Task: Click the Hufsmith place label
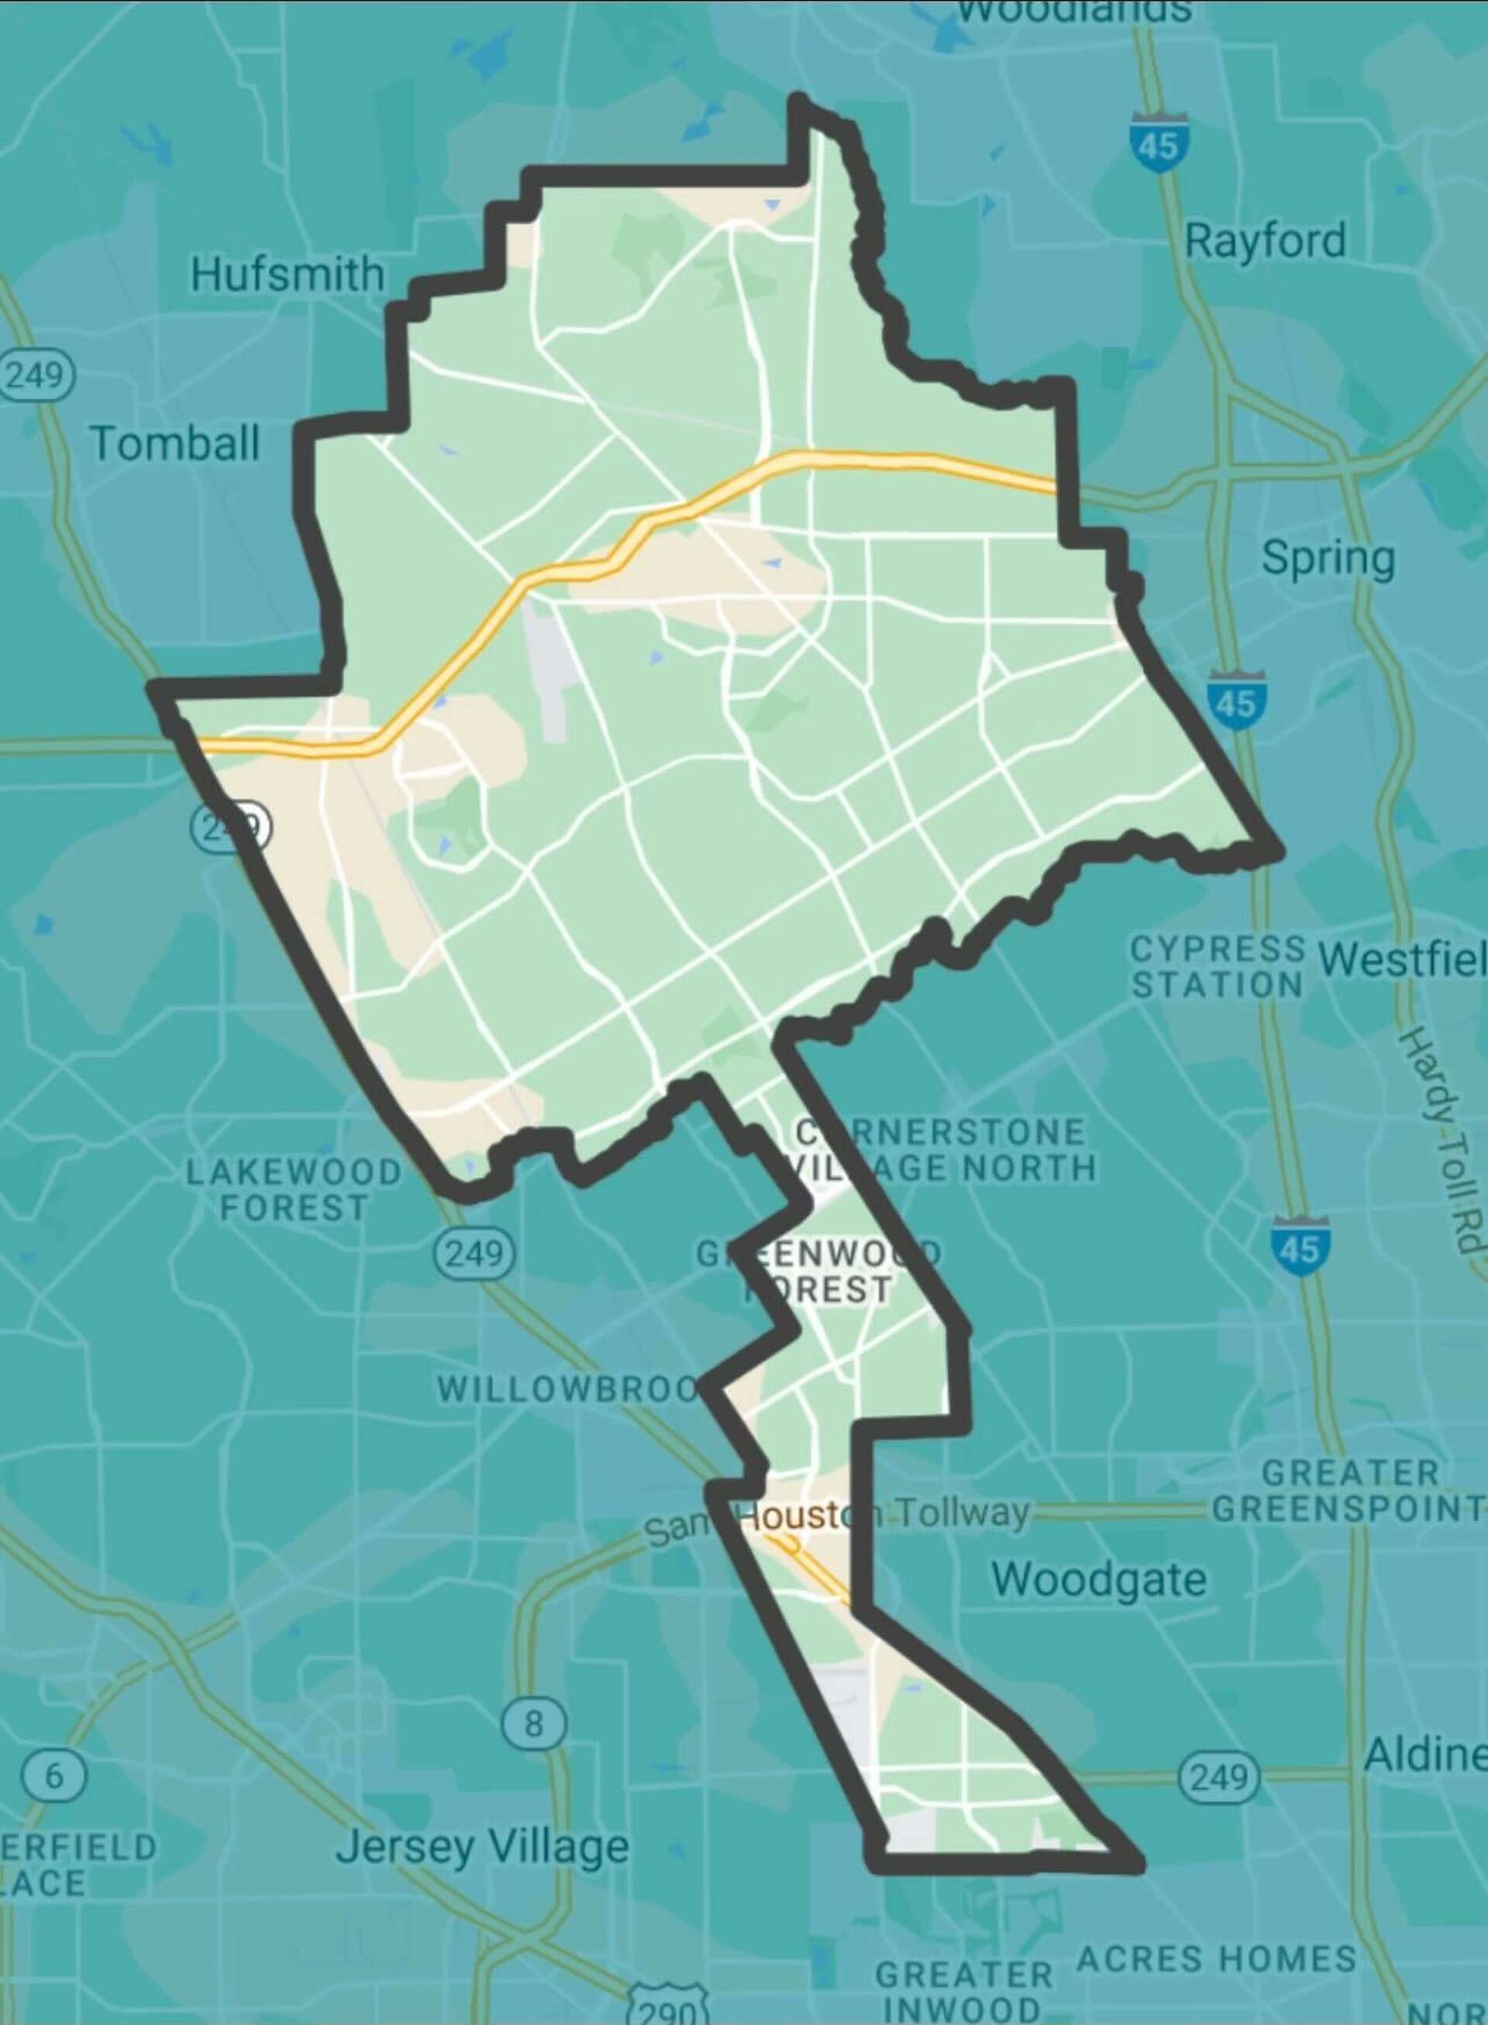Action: coord(288,274)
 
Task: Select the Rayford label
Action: coord(1265,241)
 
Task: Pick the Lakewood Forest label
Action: coord(294,1189)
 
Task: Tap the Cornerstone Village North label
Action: coord(942,1150)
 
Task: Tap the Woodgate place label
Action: coord(1099,1579)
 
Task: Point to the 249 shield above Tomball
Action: coord(35,374)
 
